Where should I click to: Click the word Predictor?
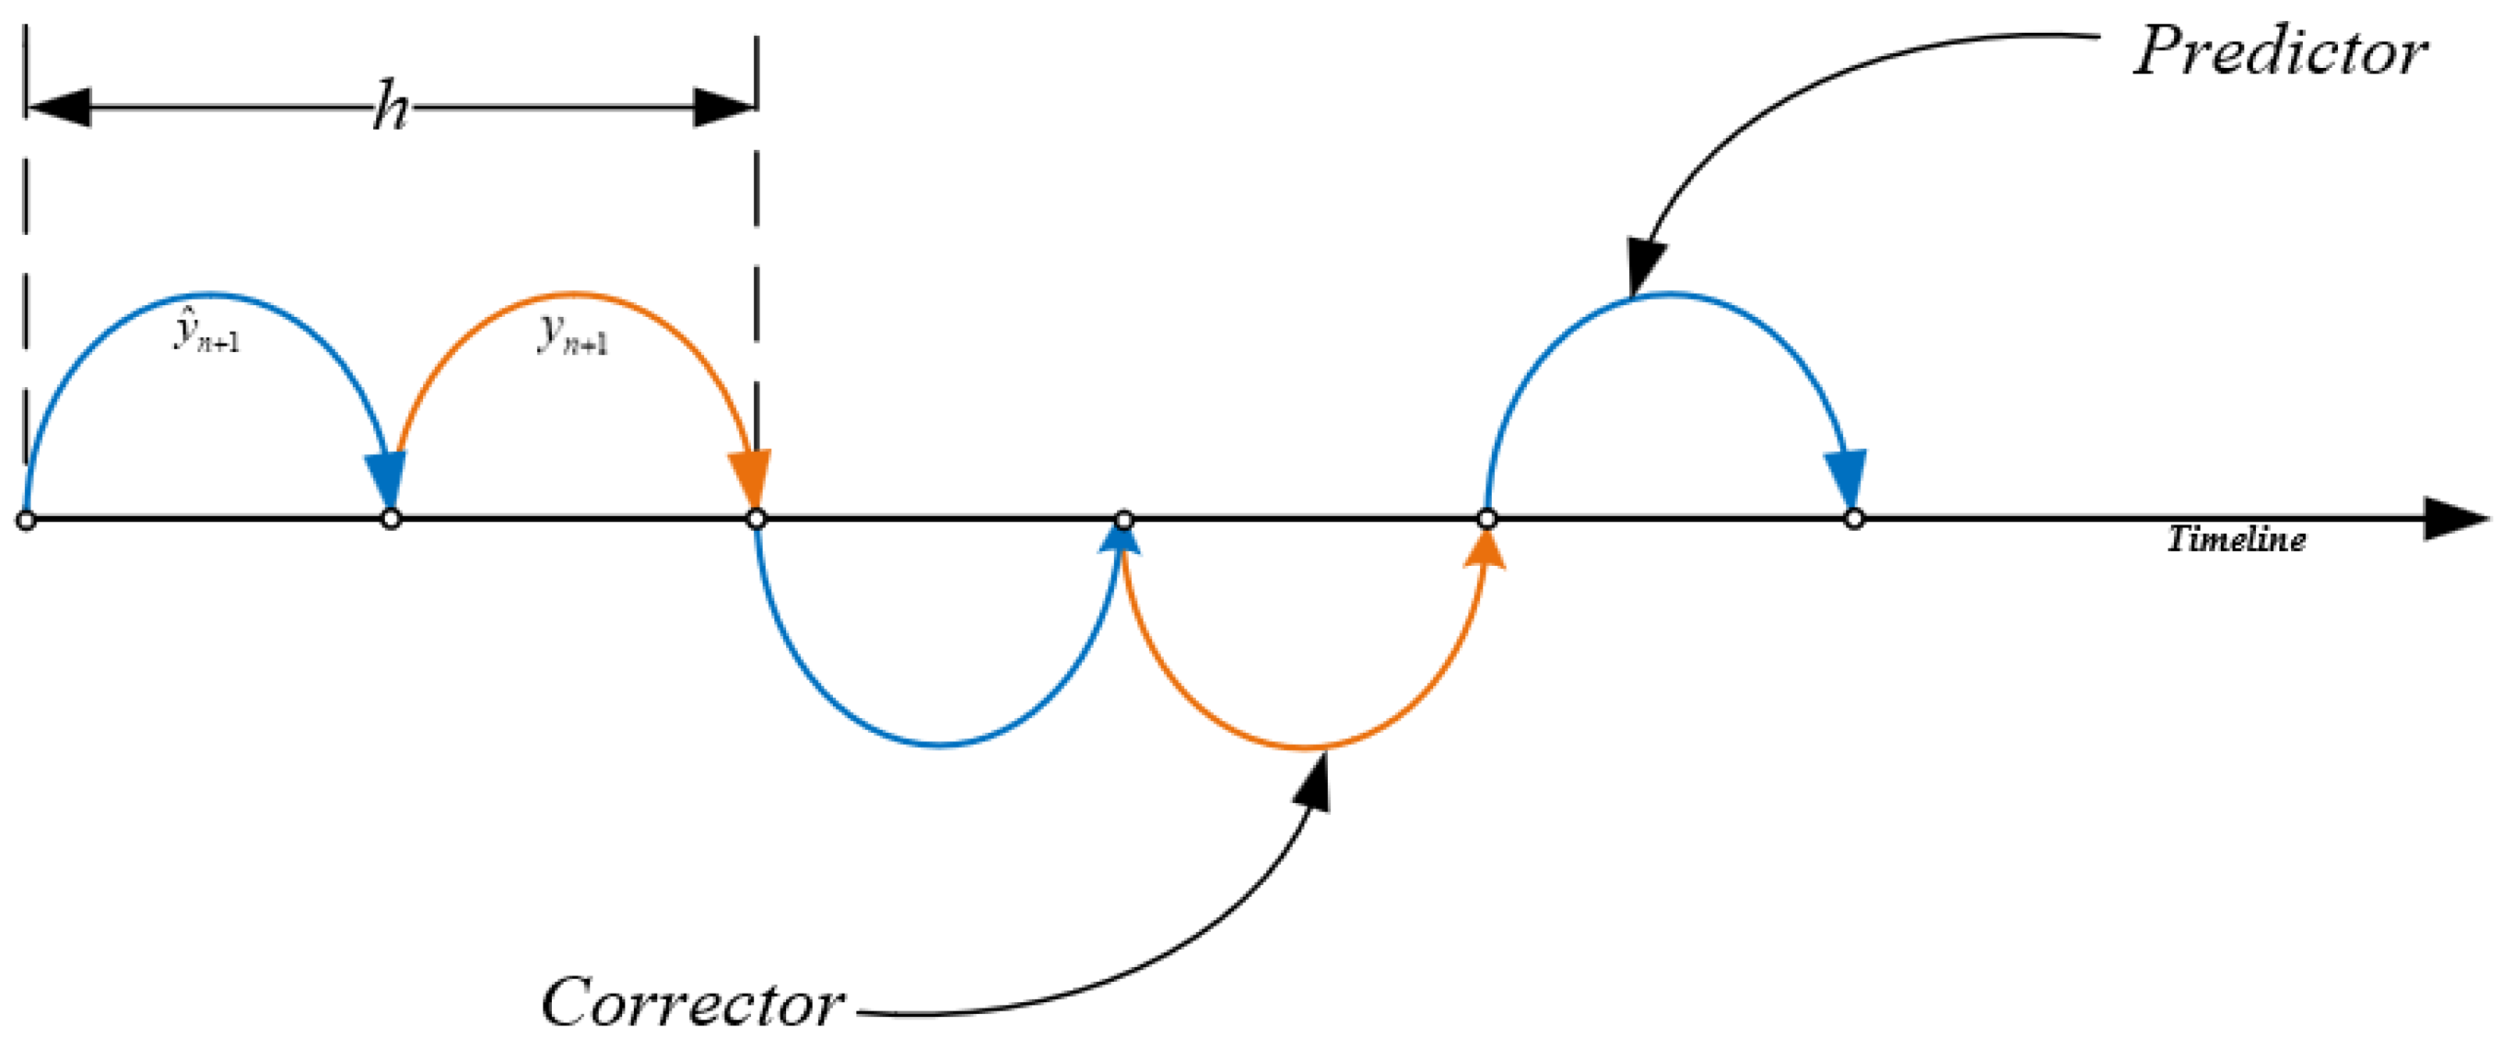(x=2280, y=52)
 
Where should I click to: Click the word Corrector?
(x=692, y=1002)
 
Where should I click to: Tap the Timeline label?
(x=2235, y=539)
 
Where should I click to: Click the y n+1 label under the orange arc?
(x=574, y=336)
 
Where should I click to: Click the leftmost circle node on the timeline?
(x=27, y=520)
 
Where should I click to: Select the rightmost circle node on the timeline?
(x=1854, y=519)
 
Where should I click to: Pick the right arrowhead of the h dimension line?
(x=724, y=107)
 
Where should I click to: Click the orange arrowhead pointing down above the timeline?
(x=751, y=478)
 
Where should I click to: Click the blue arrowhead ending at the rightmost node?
(x=1846, y=478)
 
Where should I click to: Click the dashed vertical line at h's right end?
(x=756, y=244)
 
